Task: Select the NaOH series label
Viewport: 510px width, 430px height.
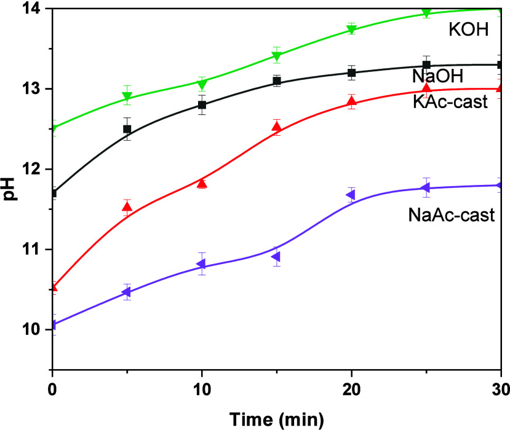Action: pos(437,77)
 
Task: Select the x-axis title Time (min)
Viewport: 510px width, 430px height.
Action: pos(277,420)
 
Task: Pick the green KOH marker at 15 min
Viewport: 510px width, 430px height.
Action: pos(277,57)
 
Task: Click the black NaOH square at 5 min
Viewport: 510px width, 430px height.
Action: pos(127,129)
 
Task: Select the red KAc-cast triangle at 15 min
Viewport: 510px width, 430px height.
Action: pos(277,127)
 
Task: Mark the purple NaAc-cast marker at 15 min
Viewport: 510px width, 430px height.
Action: pos(277,256)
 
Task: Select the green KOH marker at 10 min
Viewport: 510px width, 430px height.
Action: pos(202,84)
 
